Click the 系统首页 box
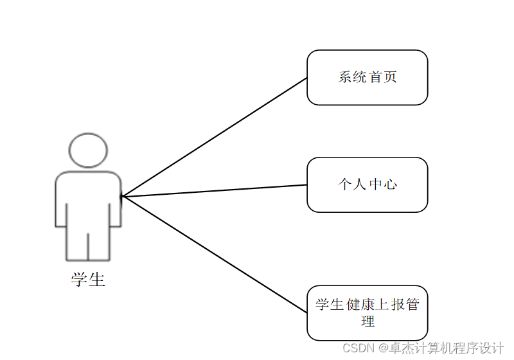367,77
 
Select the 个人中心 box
367,184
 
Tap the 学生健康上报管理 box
367,312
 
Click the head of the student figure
88,150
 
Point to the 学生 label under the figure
88,280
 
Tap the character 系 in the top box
345,77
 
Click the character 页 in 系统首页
390,77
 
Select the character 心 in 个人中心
390,184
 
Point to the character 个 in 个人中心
345,184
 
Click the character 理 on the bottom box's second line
368,321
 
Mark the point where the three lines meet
122,196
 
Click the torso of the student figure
88,199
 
